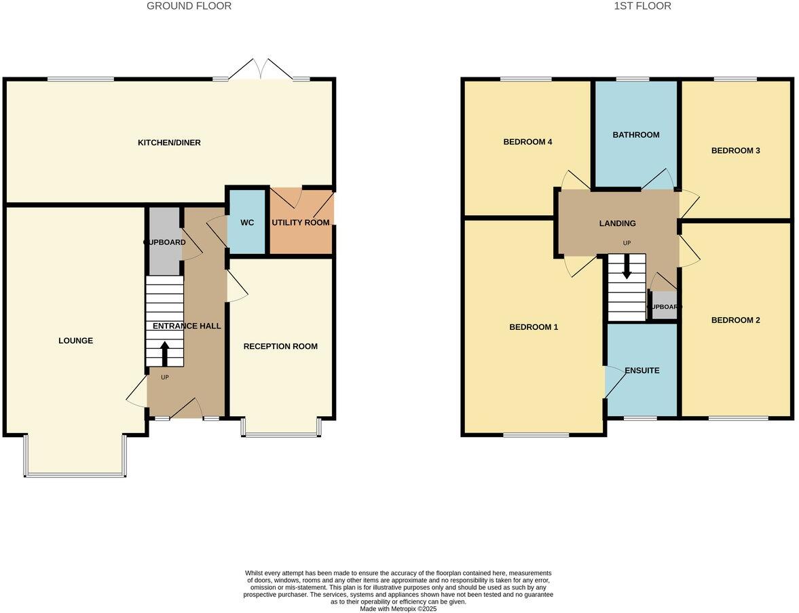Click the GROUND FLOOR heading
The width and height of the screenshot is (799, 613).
tap(189, 6)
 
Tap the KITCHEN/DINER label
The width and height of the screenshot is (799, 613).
tap(169, 143)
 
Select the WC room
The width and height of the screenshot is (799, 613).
tap(246, 223)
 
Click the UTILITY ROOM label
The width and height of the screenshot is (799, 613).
tap(301, 223)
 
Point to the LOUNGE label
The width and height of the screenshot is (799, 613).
tap(75, 341)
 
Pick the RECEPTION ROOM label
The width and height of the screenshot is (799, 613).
tap(280, 346)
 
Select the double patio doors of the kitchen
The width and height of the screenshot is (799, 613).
tap(261, 69)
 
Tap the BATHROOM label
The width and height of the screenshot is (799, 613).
tap(636, 135)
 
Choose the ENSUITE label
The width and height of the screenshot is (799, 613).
tap(642, 371)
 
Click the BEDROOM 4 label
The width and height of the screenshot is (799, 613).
tap(527, 143)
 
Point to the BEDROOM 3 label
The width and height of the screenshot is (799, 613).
tap(735, 151)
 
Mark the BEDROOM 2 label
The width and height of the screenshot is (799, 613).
tap(735, 320)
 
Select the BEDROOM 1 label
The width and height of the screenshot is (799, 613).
tap(534, 327)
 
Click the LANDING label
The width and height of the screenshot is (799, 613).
tap(617, 223)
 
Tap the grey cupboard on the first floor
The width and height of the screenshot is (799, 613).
tap(664, 306)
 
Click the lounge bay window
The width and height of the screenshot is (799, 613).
tap(75, 474)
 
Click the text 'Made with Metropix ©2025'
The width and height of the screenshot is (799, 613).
tap(398, 609)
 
